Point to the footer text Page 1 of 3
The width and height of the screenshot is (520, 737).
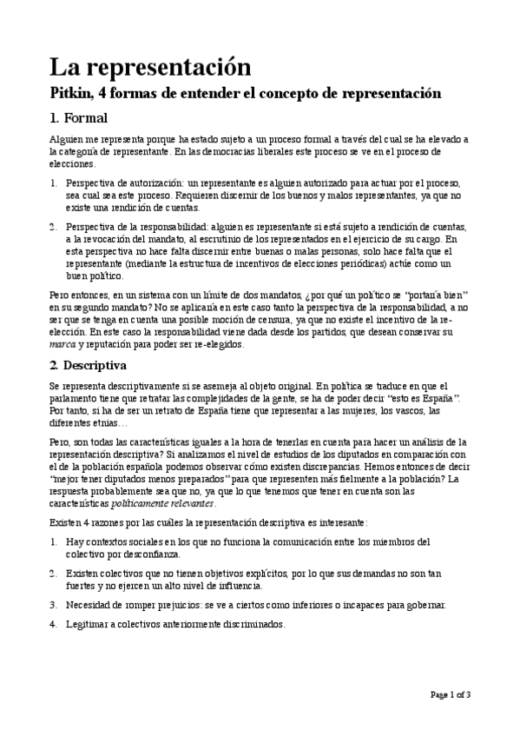[x=451, y=694]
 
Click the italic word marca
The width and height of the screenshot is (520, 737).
[x=63, y=344]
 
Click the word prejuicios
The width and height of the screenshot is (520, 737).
[x=184, y=604]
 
